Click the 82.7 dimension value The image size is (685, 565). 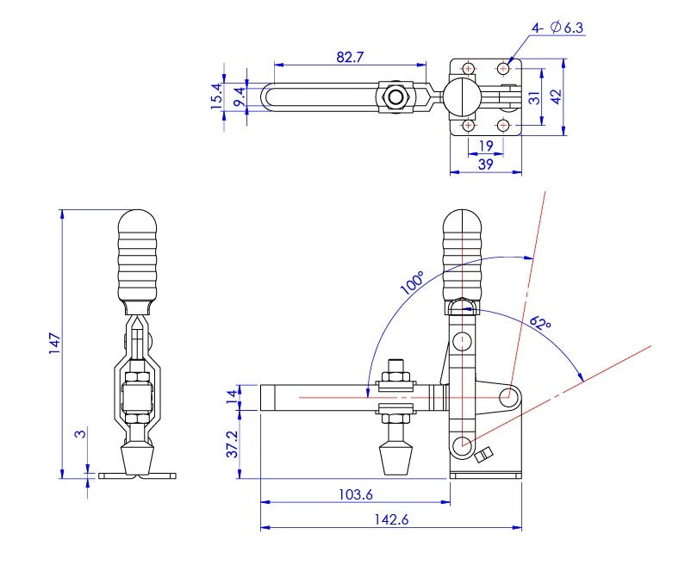[x=349, y=56]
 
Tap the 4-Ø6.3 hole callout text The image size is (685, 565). [x=557, y=28]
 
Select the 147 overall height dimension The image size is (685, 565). [x=53, y=344]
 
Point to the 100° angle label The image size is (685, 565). [x=413, y=283]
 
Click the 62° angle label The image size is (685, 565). [x=540, y=324]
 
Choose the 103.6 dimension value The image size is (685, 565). [x=355, y=494]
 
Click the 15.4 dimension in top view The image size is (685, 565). [x=216, y=95]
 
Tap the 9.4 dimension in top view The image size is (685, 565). [x=238, y=96]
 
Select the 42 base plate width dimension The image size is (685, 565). [x=557, y=96]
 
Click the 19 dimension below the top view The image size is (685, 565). [x=485, y=146]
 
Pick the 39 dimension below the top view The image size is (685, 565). [x=485, y=165]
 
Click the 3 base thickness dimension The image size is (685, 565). [x=80, y=435]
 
